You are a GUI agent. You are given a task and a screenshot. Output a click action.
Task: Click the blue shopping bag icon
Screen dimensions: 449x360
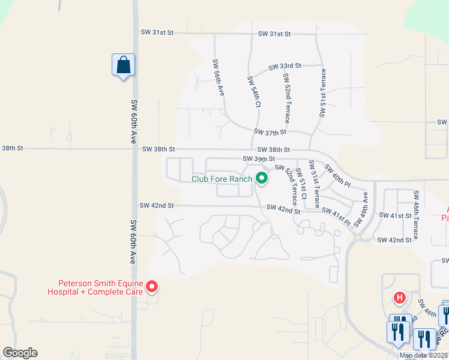(x=123, y=65)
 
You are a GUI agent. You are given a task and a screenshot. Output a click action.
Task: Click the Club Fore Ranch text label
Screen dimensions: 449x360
(x=221, y=179)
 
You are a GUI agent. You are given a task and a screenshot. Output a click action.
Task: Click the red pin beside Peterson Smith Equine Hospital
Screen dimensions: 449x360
(x=152, y=287)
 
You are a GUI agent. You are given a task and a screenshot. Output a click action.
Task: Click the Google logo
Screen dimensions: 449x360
(x=20, y=353)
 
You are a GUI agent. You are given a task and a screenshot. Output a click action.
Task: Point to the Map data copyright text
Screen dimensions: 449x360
(x=424, y=355)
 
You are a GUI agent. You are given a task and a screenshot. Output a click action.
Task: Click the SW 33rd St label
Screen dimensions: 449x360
(x=285, y=66)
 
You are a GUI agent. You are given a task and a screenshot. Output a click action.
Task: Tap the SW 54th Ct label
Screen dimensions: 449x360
(x=253, y=91)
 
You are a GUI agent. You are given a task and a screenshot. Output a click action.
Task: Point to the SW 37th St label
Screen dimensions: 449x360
(x=270, y=131)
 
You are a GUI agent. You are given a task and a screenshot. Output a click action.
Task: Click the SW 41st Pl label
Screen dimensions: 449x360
(x=336, y=218)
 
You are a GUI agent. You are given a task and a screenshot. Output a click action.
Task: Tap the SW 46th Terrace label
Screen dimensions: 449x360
(x=415, y=211)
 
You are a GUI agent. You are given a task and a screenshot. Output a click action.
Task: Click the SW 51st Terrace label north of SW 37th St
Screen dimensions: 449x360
(x=323, y=93)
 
